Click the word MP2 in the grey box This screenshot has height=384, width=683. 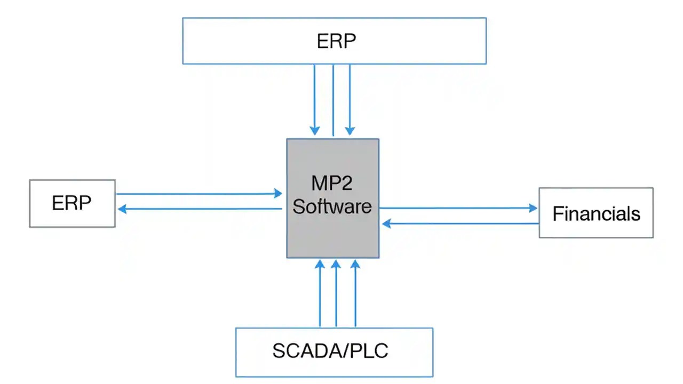point(332,183)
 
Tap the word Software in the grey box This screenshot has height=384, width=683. point(332,206)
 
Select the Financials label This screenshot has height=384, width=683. point(596,214)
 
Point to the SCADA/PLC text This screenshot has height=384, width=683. point(330,351)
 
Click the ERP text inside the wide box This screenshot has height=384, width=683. point(336,42)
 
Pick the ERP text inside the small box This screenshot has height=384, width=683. point(72,203)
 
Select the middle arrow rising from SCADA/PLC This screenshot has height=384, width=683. point(336,293)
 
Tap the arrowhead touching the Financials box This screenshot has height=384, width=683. point(533,209)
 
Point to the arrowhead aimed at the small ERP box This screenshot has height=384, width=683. point(122,209)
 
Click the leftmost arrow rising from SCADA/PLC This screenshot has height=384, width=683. point(320,293)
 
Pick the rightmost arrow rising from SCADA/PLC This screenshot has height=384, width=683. point(355,293)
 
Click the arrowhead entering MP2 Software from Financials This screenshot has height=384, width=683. point(387,224)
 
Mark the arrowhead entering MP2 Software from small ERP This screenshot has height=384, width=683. point(277,193)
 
